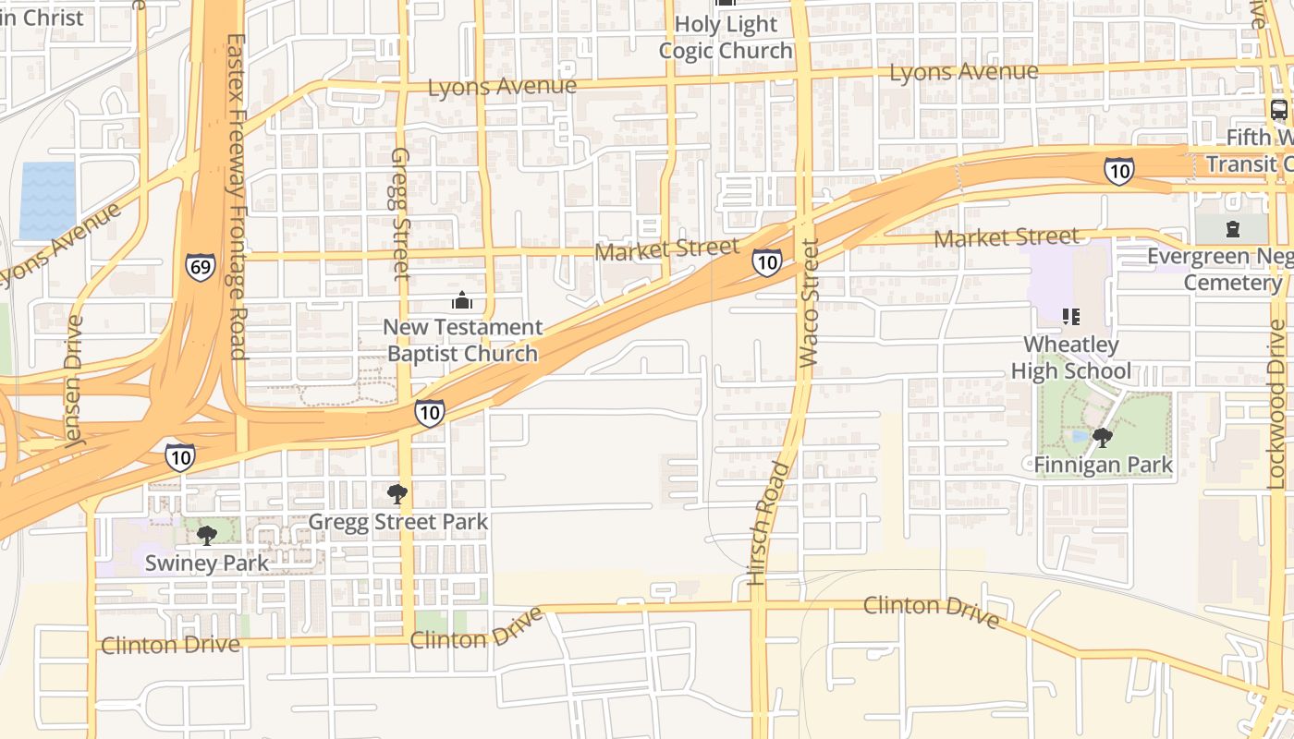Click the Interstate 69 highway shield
click(200, 267)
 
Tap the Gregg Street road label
click(400, 213)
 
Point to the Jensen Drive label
click(74, 382)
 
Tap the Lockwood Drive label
click(1276, 404)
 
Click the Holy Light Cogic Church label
click(726, 37)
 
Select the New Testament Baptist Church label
click(462, 340)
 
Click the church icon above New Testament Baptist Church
click(461, 300)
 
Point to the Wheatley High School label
click(1070, 357)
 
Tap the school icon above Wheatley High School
click(1071, 318)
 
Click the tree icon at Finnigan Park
click(1102, 437)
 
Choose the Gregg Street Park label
click(397, 522)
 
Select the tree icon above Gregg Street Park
click(397, 494)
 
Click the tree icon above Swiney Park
click(207, 535)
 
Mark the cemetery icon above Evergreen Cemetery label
click(1232, 228)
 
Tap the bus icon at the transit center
click(1279, 110)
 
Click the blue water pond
click(47, 200)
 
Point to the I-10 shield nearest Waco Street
click(766, 262)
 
